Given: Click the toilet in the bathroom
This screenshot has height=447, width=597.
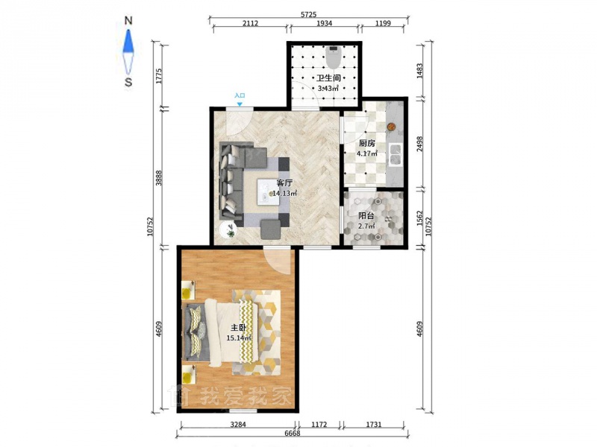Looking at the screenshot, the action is pos(333,57).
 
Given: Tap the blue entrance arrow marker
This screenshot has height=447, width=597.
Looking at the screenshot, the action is pos(240,104).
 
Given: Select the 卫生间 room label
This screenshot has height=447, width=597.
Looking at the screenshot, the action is pos(328,78).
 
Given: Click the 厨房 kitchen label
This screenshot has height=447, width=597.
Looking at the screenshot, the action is pos(367,143).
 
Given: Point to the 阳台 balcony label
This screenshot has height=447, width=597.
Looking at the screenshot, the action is pos(366,216).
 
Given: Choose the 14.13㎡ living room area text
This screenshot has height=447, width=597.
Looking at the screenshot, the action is pos(285,193).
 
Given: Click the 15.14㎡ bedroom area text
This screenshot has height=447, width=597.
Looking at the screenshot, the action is pos(239,338).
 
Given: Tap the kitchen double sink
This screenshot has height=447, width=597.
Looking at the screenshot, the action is pos(395,155).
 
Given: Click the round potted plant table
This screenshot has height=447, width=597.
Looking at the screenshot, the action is pos(228,229).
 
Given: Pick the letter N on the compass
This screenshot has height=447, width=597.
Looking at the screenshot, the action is pos(128,21).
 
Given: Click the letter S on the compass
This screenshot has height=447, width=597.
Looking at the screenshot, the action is pos(128,82).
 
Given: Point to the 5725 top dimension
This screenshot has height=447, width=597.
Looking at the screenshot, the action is pos(308,15).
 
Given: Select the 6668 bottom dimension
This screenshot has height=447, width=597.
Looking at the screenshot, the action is pos(292,434).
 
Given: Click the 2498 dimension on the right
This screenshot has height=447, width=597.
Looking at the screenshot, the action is pos(419,144).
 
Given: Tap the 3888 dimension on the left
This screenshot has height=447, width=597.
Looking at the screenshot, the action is pos(159,177).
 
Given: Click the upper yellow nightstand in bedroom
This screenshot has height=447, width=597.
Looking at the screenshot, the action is pos(188,291).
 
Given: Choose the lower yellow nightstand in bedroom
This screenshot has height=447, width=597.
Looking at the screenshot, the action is pos(188,375).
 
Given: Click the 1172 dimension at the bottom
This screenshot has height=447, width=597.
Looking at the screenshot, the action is pos(319,425).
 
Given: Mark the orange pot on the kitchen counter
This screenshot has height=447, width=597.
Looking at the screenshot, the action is pos(390,127).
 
